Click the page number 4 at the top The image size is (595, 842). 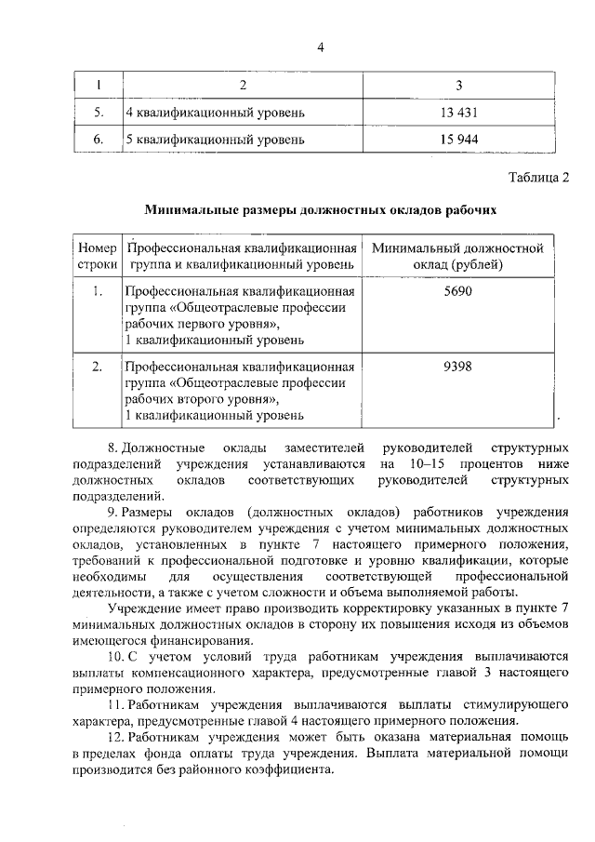(x=319, y=49)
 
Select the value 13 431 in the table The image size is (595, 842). (x=458, y=114)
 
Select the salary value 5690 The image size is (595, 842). (x=457, y=291)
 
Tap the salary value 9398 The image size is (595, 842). (x=457, y=366)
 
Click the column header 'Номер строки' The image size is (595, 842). (x=97, y=257)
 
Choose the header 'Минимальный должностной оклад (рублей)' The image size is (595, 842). (x=457, y=257)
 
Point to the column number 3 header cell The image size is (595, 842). (x=458, y=87)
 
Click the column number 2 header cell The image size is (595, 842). (x=243, y=87)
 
